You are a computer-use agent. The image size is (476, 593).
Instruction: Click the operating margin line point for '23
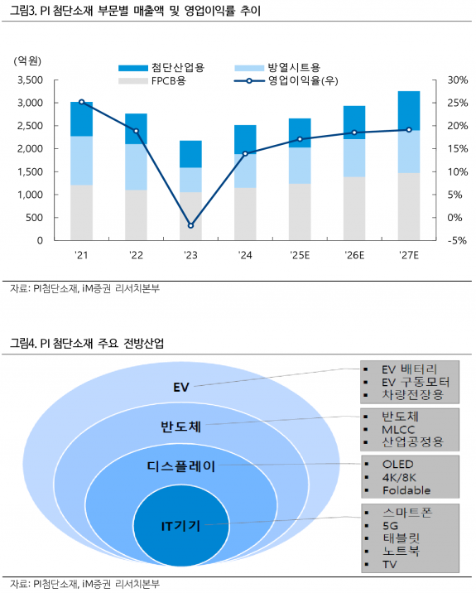coord(190,225)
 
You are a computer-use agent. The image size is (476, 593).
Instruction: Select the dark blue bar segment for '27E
coord(408,111)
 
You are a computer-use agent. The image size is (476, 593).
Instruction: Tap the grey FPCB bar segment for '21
coord(81,212)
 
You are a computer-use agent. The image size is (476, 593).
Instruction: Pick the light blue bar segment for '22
coord(136,167)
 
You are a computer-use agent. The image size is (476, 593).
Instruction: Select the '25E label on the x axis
coord(299,255)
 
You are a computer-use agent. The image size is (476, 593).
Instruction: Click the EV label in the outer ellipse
coord(181,387)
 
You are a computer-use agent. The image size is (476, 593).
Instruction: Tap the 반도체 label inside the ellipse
coord(181,427)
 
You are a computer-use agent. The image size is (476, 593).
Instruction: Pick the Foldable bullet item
coord(406,490)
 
